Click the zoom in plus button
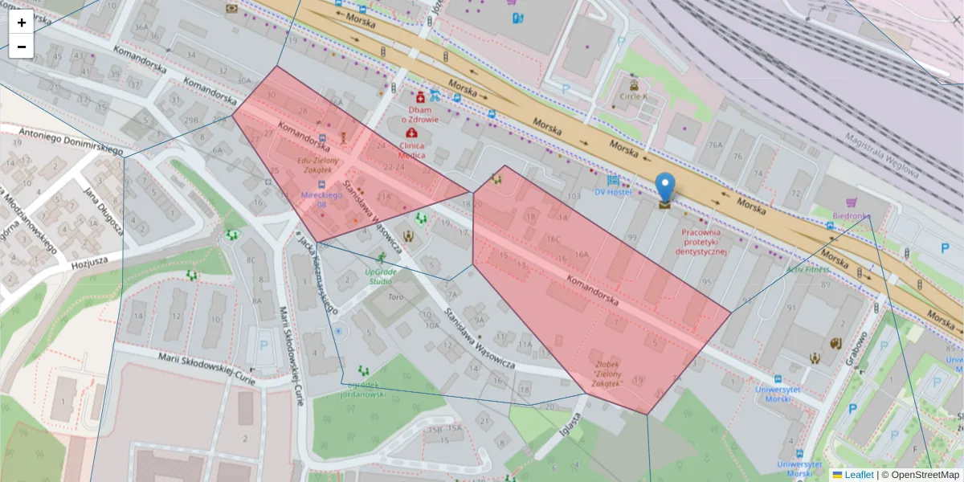click(22, 22)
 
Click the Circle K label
click(633, 97)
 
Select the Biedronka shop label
click(852, 216)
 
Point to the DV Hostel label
click(613, 192)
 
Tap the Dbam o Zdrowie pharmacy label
click(423, 114)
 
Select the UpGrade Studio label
click(380, 276)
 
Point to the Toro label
click(395, 296)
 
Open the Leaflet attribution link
click(858, 475)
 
